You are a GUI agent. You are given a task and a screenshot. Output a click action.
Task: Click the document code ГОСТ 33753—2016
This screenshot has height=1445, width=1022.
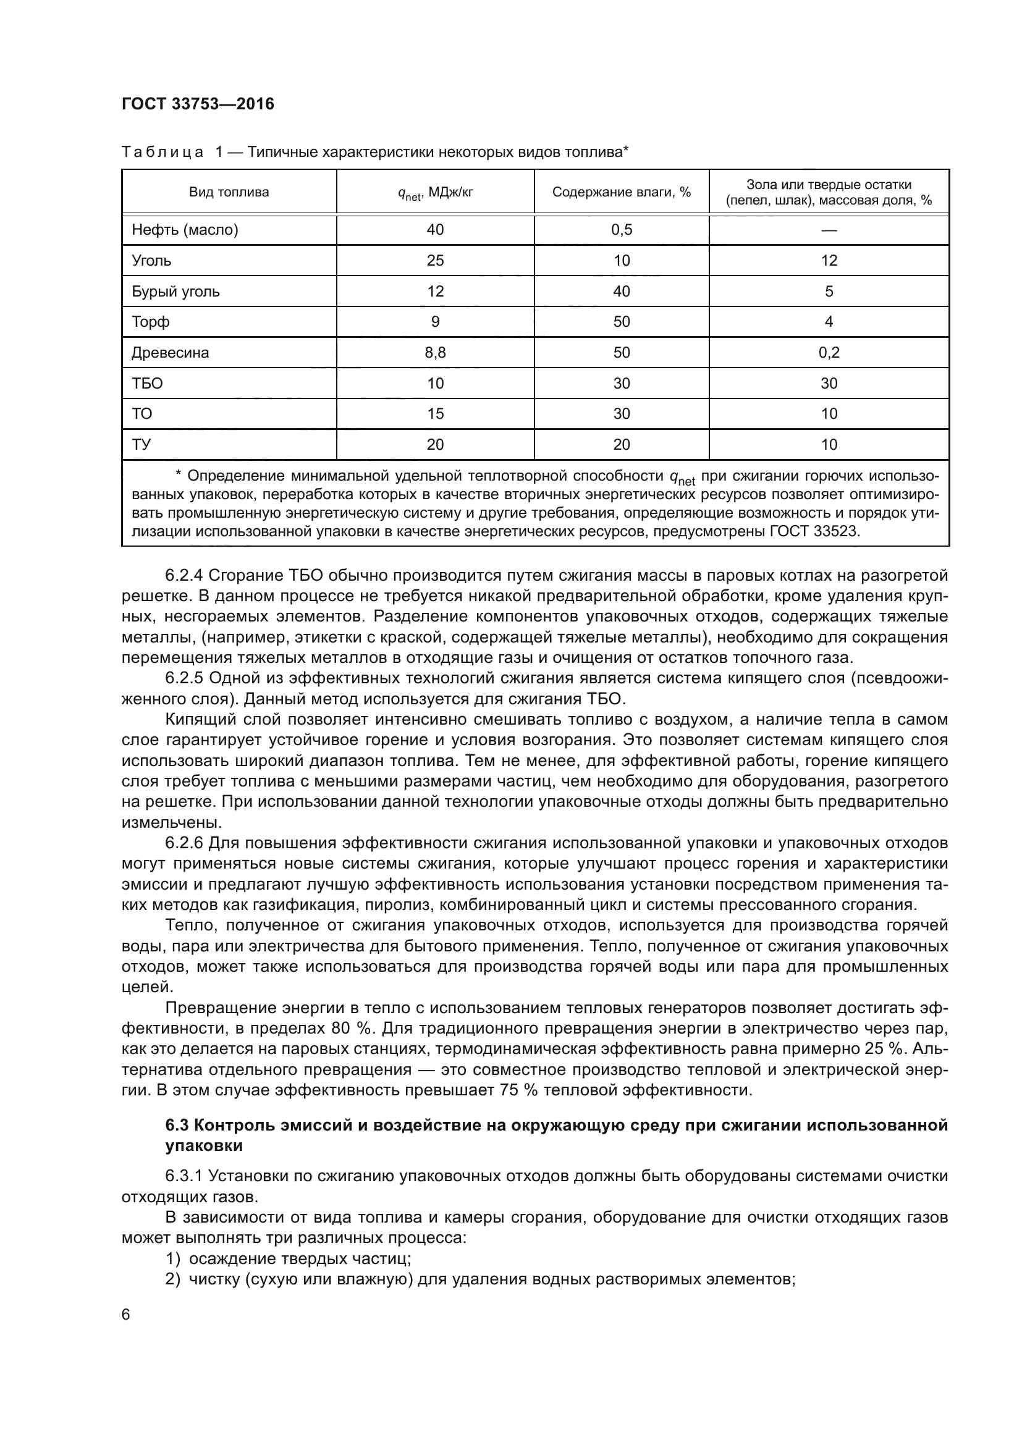[x=198, y=104]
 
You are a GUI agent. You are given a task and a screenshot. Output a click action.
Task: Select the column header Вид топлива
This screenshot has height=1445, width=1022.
[x=229, y=192]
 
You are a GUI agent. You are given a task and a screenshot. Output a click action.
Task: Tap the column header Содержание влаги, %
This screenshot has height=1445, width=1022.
[x=621, y=192]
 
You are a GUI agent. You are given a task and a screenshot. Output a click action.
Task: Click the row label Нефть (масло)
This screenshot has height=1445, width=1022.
[x=185, y=230]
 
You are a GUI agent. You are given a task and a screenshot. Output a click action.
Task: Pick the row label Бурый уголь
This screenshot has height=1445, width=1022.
[x=175, y=292]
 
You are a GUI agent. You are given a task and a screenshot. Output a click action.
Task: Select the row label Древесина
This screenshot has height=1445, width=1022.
[x=170, y=352]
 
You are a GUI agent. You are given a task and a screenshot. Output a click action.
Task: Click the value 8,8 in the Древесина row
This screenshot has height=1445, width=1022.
[x=435, y=352]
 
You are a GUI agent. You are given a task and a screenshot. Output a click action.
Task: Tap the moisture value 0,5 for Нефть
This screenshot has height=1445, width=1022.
[x=621, y=230]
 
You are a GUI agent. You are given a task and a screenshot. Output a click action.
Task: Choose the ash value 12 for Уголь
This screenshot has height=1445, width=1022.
[x=829, y=261]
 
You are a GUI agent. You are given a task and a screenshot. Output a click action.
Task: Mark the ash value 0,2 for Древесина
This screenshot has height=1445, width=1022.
[x=829, y=352]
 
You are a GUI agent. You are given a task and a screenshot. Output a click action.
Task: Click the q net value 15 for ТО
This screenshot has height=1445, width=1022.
[x=435, y=413]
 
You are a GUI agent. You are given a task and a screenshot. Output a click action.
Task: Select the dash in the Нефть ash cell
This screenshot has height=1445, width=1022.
[x=829, y=230]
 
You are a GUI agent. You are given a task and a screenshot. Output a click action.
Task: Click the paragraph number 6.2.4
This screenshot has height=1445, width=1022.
[x=184, y=575]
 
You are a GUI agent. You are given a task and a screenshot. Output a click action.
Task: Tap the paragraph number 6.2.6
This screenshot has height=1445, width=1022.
[x=184, y=843]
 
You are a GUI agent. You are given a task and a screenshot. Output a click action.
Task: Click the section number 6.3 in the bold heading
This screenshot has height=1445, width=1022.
[x=177, y=1124]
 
